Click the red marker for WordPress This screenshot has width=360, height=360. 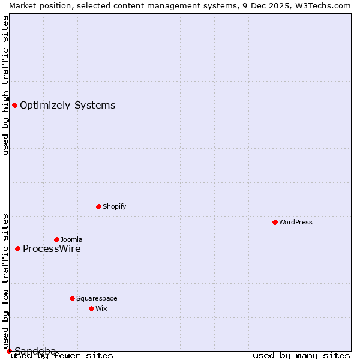click(x=275, y=222)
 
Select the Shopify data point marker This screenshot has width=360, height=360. click(x=98, y=206)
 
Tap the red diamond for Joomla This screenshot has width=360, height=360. click(x=56, y=239)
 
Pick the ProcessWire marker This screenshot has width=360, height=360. click(x=17, y=248)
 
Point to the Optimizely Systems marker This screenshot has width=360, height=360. click(x=14, y=106)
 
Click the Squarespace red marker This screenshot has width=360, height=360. click(x=72, y=298)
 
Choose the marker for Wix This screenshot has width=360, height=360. click(x=91, y=308)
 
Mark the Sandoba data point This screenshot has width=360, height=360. click(x=9, y=351)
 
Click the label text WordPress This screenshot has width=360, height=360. click(x=296, y=222)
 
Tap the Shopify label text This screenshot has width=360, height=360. click(x=114, y=206)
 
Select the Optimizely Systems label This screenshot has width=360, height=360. click(x=67, y=106)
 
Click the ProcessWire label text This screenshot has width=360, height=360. click(x=52, y=249)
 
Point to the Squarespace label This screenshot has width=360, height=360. click(x=97, y=298)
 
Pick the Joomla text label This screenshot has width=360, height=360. click(x=71, y=239)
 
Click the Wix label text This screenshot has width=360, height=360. click(x=101, y=308)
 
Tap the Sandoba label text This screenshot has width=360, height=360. click(x=35, y=351)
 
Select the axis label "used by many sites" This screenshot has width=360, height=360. click(x=301, y=356)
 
